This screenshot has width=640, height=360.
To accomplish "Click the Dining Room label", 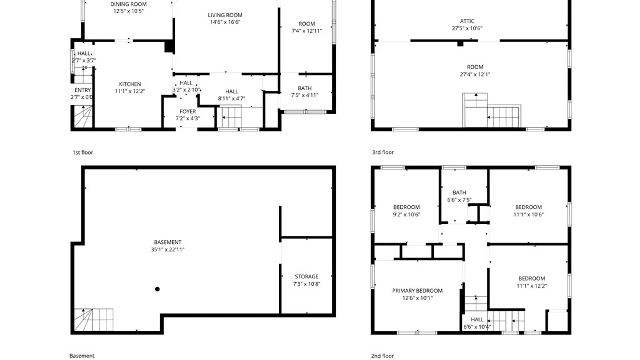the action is click(128, 4).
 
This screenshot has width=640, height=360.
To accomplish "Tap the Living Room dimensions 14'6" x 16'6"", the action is click(225, 22).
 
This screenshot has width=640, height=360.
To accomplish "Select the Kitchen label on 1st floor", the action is click(130, 84).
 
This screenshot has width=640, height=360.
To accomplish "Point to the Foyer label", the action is click(188, 111).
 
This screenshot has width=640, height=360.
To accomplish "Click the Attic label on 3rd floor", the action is click(467, 21).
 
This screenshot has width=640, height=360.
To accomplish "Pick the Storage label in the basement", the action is click(307, 277).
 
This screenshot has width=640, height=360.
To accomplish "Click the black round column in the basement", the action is click(157, 289).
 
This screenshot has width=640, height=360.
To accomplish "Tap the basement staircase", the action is click(93, 320).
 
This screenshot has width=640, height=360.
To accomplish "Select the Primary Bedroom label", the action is click(417, 291).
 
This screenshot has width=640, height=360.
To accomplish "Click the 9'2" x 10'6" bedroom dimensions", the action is click(406, 215).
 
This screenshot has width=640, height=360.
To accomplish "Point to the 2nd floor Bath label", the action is click(459, 193).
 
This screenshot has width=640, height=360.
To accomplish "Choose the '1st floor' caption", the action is click(83, 152).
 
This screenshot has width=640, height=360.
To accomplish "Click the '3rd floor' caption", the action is click(383, 152).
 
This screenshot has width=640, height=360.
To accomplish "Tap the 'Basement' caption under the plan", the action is click(82, 356).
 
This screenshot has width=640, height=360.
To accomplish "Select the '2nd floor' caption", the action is click(383, 356).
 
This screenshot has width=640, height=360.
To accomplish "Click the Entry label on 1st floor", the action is click(83, 90).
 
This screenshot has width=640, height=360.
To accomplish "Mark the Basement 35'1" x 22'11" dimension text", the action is click(168, 250).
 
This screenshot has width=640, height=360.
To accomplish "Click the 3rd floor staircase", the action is click(491, 111).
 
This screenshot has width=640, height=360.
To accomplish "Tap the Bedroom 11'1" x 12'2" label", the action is click(532, 282).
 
